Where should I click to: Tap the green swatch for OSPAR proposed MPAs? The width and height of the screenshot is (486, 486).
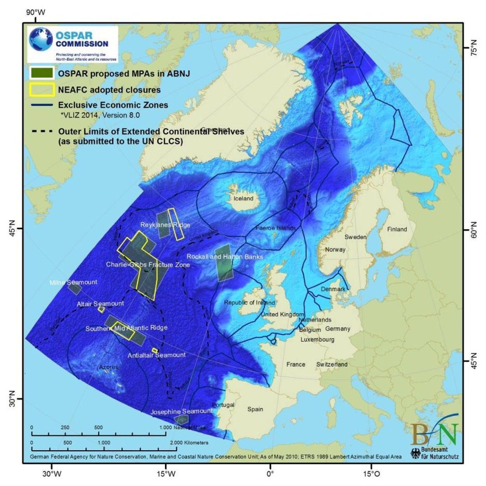pos(42,73)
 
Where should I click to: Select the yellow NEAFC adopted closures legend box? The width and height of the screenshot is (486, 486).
pos(42,89)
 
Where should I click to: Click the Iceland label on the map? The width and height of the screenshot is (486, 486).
pos(243,199)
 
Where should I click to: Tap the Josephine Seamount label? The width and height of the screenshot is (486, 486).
pos(181,411)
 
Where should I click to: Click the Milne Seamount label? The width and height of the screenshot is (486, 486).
pos(73,282)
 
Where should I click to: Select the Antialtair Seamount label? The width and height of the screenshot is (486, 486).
pos(157,355)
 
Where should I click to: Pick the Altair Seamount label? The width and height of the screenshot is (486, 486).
pos(100,304)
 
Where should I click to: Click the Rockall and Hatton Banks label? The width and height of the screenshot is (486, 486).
pos(225,257)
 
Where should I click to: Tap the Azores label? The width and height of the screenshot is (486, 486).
pos(108,367)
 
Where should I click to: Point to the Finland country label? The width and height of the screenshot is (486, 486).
pos(397,229)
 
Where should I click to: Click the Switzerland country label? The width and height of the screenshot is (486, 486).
pos(331,364)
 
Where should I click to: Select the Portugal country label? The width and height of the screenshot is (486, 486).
pos(223,405)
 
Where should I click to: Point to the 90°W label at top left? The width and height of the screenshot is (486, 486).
pos(36,12)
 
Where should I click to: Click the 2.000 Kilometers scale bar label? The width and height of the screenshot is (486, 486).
pos(189,443)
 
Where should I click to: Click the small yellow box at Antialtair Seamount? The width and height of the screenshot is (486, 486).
pos(155,351)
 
